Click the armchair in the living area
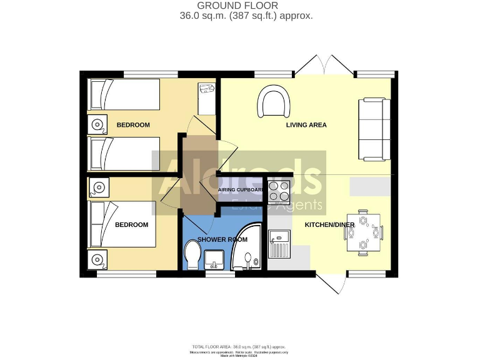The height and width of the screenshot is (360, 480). click(276, 102)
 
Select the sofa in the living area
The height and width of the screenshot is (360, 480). click(374, 128)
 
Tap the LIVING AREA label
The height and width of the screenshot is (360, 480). click(306, 125)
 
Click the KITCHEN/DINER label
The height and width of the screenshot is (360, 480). click(329, 224)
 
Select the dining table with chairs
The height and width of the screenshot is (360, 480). click(364, 232)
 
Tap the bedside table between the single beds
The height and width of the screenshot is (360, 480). click(97, 124)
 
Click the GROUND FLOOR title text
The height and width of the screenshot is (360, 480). click(246, 6)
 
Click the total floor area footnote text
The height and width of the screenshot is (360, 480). click(240, 346)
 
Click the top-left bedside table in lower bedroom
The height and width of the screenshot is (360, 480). click(97, 186)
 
